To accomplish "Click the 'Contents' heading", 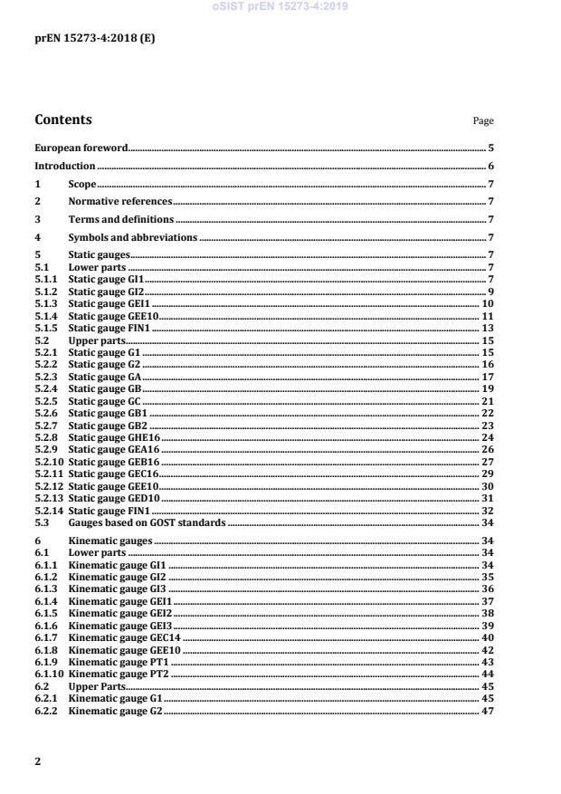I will pos(62,120).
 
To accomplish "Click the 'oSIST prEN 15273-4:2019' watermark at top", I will pos(280,6).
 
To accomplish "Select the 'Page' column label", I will pos(483,121).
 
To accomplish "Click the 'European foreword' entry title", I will pos(81,148).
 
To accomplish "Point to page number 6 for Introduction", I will pos(490,167).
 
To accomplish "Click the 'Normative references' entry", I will pos(119,202).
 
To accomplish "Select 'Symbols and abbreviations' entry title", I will pos(132,237).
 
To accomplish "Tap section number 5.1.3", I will pos(46,304).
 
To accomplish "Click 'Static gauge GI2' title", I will pos(106,292).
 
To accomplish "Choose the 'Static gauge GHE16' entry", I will pos(114,436).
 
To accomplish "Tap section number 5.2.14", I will pos(49,511).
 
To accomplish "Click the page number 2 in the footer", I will pos(38,761).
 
